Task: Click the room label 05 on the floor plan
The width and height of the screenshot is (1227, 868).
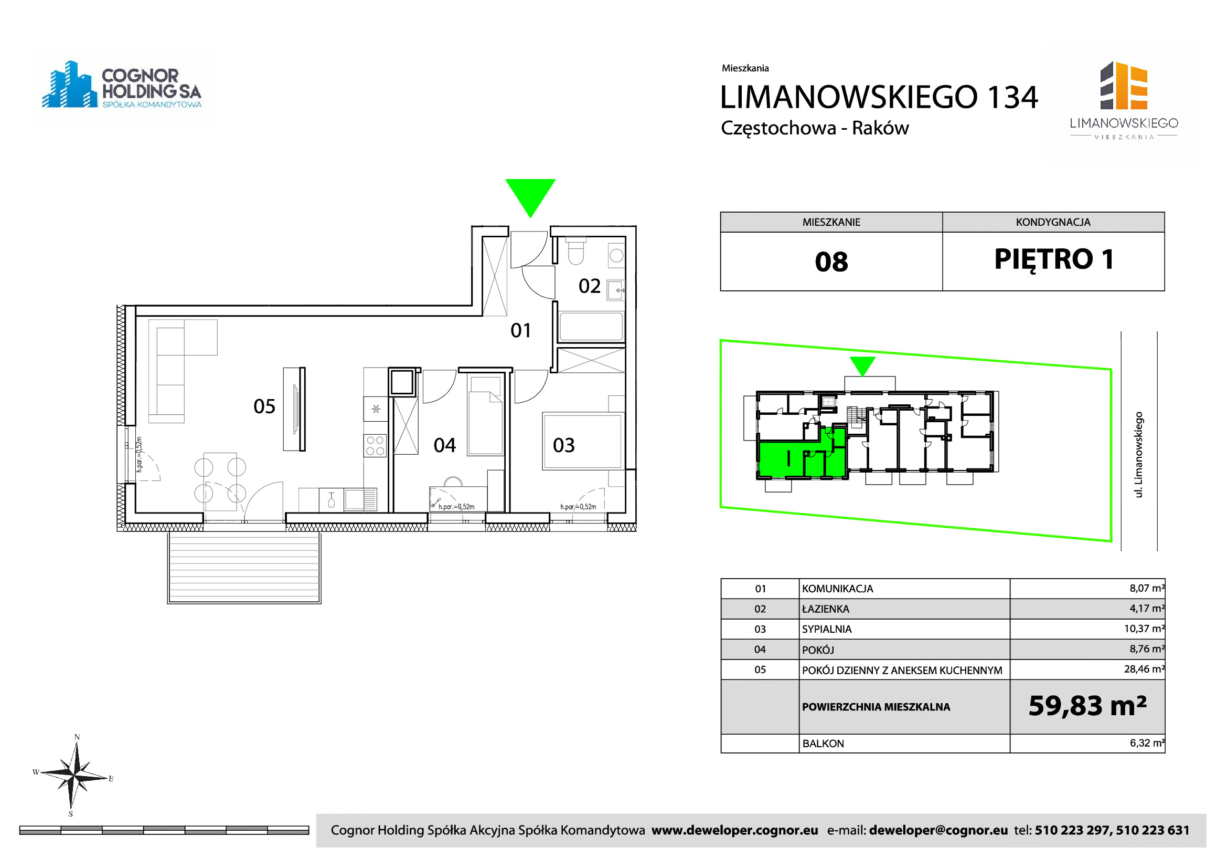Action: click(x=264, y=406)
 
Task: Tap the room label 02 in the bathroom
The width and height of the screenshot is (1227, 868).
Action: click(x=590, y=286)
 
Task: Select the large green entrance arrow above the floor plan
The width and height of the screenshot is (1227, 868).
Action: click(x=530, y=198)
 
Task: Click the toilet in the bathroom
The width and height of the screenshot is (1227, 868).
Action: click(x=575, y=251)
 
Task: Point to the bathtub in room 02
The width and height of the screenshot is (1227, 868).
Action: click(x=591, y=327)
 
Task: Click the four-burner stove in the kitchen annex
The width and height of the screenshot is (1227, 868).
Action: click(x=375, y=445)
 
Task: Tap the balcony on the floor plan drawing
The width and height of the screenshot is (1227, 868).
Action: click(x=244, y=567)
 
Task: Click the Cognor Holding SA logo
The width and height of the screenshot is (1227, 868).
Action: click(x=122, y=86)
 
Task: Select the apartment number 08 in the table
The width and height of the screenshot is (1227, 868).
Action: click(x=831, y=262)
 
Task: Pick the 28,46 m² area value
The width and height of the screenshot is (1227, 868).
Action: click(x=1144, y=669)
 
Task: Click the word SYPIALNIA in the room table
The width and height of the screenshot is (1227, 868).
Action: click(x=827, y=629)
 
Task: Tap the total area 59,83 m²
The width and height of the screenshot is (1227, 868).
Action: click(x=1087, y=706)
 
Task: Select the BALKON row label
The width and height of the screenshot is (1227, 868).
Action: click(x=823, y=744)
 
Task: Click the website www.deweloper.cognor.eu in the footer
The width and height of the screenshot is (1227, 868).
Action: click(x=735, y=831)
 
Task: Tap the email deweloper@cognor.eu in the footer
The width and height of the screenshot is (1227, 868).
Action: click(x=938, y=831)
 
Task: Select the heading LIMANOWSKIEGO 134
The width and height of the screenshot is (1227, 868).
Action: click(x=879, y=97)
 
